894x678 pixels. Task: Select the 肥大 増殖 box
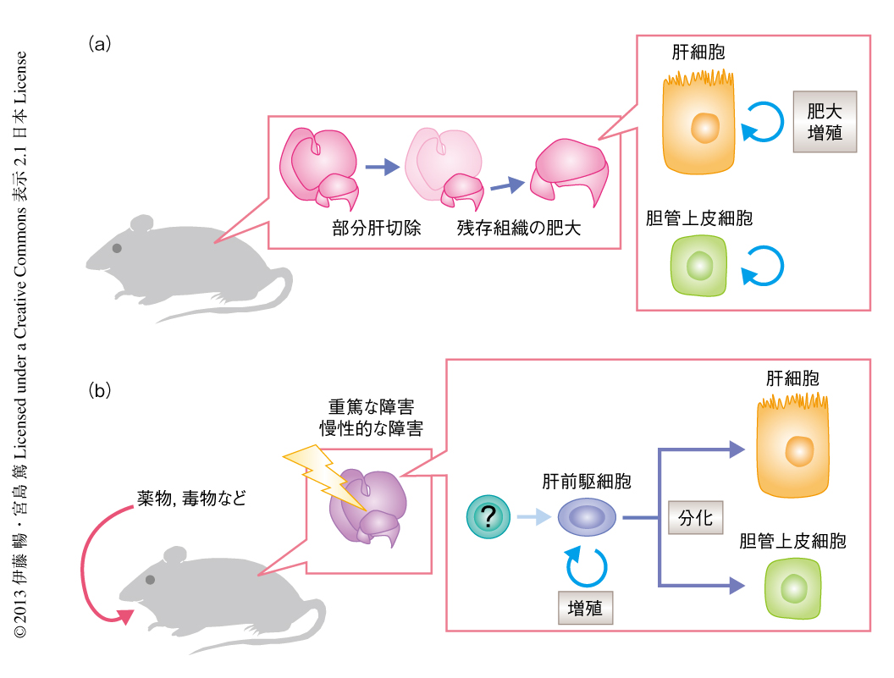824,121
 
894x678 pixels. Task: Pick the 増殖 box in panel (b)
585,607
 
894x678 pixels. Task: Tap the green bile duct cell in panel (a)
699,265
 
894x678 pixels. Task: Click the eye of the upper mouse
117,249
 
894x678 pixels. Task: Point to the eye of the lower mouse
150,580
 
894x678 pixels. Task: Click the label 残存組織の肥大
519,228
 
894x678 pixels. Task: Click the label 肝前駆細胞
587,482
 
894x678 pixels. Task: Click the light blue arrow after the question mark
532,516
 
